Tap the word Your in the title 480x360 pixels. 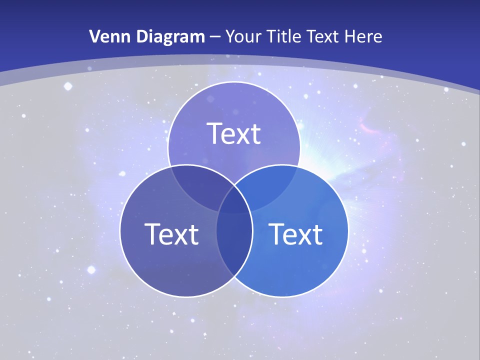coord(243,36)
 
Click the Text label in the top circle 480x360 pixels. coord(234,133)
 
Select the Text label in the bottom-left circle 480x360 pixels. coord(171,233)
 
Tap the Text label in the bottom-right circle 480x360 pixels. coord(295,233)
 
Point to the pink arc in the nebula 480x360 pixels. coord(370,128)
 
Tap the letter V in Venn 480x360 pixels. coord(94,36)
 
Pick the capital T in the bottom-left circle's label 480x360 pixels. coord(152,233)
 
